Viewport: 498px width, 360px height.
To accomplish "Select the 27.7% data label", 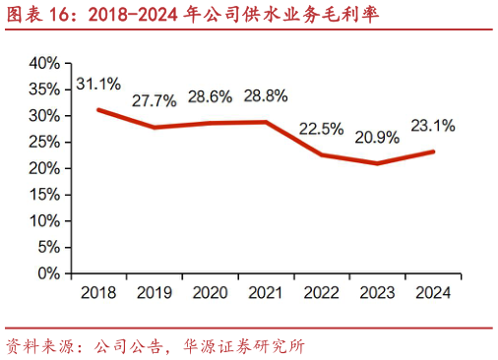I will pos(156,100).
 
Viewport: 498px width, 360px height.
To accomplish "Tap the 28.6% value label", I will pos(212,96).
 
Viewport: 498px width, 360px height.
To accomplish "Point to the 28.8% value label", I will pos(268,95).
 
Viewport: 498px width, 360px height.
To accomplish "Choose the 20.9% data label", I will pos(378,137).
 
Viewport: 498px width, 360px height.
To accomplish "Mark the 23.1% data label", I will pos(433,125).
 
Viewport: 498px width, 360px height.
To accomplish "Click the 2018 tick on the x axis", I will pos(98,292).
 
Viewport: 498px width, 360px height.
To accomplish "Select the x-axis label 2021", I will pos(266,292).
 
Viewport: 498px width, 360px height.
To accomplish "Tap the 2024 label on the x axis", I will pos(434,292).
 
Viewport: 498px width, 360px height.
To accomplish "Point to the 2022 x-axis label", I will pos(322,292).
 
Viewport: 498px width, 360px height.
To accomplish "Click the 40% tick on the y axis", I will pos(45,63).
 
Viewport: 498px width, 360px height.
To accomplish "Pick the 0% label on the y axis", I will pos(50,273).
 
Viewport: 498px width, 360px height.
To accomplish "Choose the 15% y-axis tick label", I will pos(45,195).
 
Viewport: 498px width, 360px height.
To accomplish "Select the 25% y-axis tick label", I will pos(45,142).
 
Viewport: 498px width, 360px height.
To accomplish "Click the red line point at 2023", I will pos(378,163).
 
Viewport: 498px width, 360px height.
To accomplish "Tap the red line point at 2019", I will pos(155,128).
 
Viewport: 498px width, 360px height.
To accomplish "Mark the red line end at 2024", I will pos(434,151).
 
